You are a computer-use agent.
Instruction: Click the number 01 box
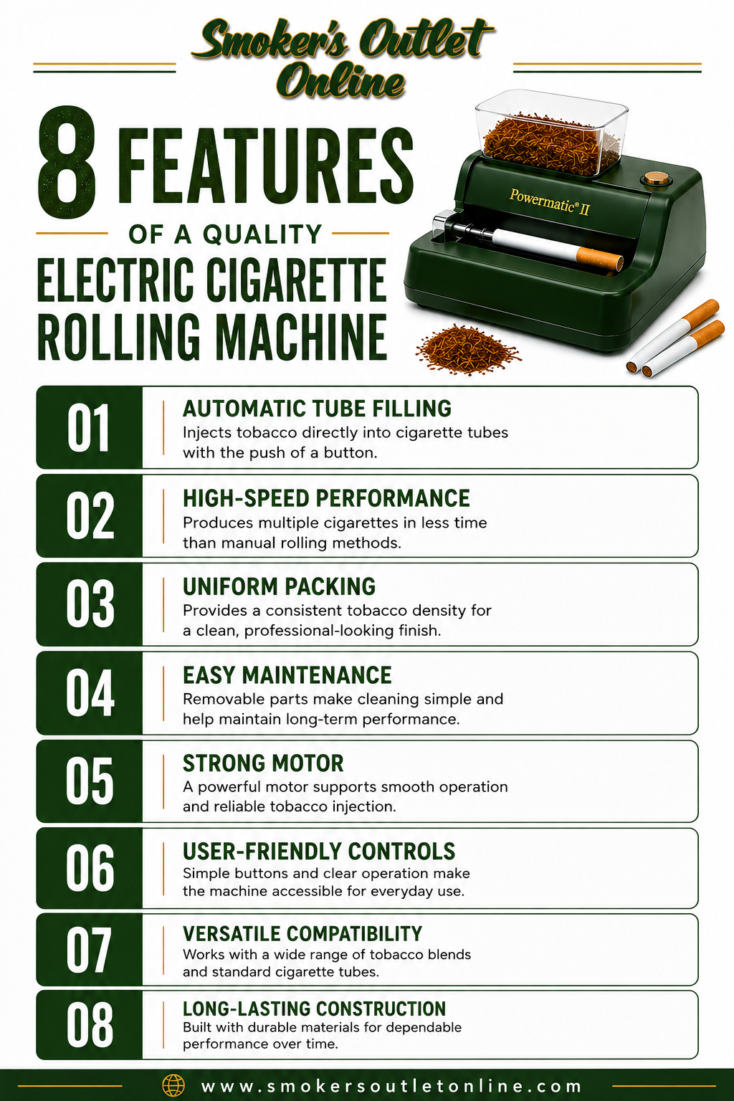[x=89, y=427]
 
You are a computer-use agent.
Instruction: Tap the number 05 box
[x=89, y=781]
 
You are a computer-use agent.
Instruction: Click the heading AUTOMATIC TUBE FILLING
[x=317, y=409]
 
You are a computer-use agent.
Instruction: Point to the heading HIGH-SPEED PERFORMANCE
[x=326, y=498]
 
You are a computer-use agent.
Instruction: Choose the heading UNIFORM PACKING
[x=279, y=586]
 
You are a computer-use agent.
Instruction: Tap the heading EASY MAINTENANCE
[x=287, y=675]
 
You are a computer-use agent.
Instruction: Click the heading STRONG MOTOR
[x=263, y=763]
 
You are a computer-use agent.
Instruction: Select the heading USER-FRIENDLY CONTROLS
[x=319, y=852]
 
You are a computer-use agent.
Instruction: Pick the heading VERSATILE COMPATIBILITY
[x=302, y=933]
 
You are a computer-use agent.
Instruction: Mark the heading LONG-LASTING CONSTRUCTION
[x=314, y=1008]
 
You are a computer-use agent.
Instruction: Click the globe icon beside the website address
[x=173, y=1086]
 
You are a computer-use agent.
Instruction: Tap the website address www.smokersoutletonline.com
[x=391, y=1086]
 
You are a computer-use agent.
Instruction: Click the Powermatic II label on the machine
[x=549, y=202]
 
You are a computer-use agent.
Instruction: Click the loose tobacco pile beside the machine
[x=467, y=348]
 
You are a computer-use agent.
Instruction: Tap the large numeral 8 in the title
[x=67, y=162]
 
